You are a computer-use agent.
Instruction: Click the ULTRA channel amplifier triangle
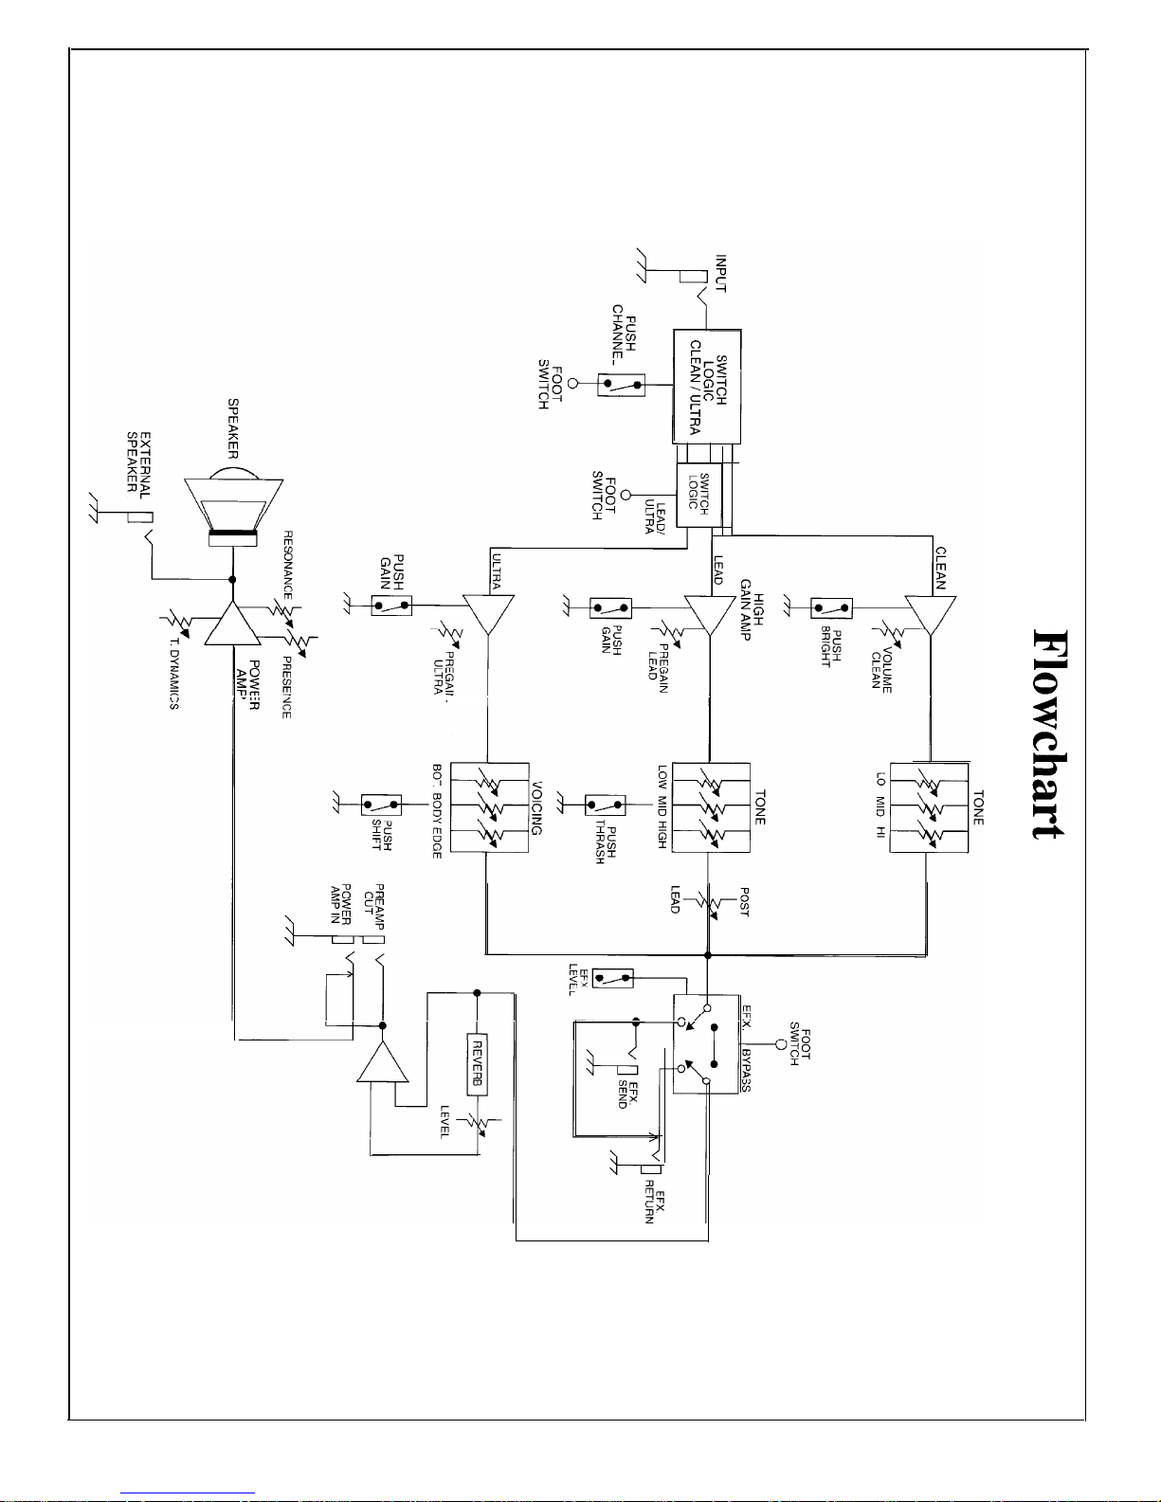[x=488, y=614]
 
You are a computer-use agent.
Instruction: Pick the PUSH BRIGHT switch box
[x=831, y=607]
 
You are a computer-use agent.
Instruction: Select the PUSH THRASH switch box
[x=605, y=805]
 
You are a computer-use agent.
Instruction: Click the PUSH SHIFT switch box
[x=381, y=805]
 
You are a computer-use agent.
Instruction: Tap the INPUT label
[x=720, y=274]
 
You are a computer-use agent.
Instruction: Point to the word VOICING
[x=537, y=807]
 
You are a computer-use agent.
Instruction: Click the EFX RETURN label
[x=655, y=1202]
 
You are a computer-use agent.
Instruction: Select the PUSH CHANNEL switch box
[x=621, y=385]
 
